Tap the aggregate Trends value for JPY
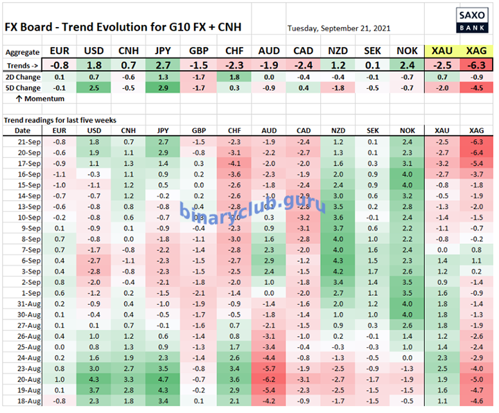point(164,64)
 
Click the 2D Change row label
point(22,77)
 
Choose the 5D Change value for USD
point(94,88)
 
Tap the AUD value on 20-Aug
point(268,379)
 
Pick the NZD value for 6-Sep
point(338,260)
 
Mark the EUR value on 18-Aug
point(60,401)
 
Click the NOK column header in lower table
point(408,130)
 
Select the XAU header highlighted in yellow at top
point(440,52)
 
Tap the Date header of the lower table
point(22,130)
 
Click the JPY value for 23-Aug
point(164,368)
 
